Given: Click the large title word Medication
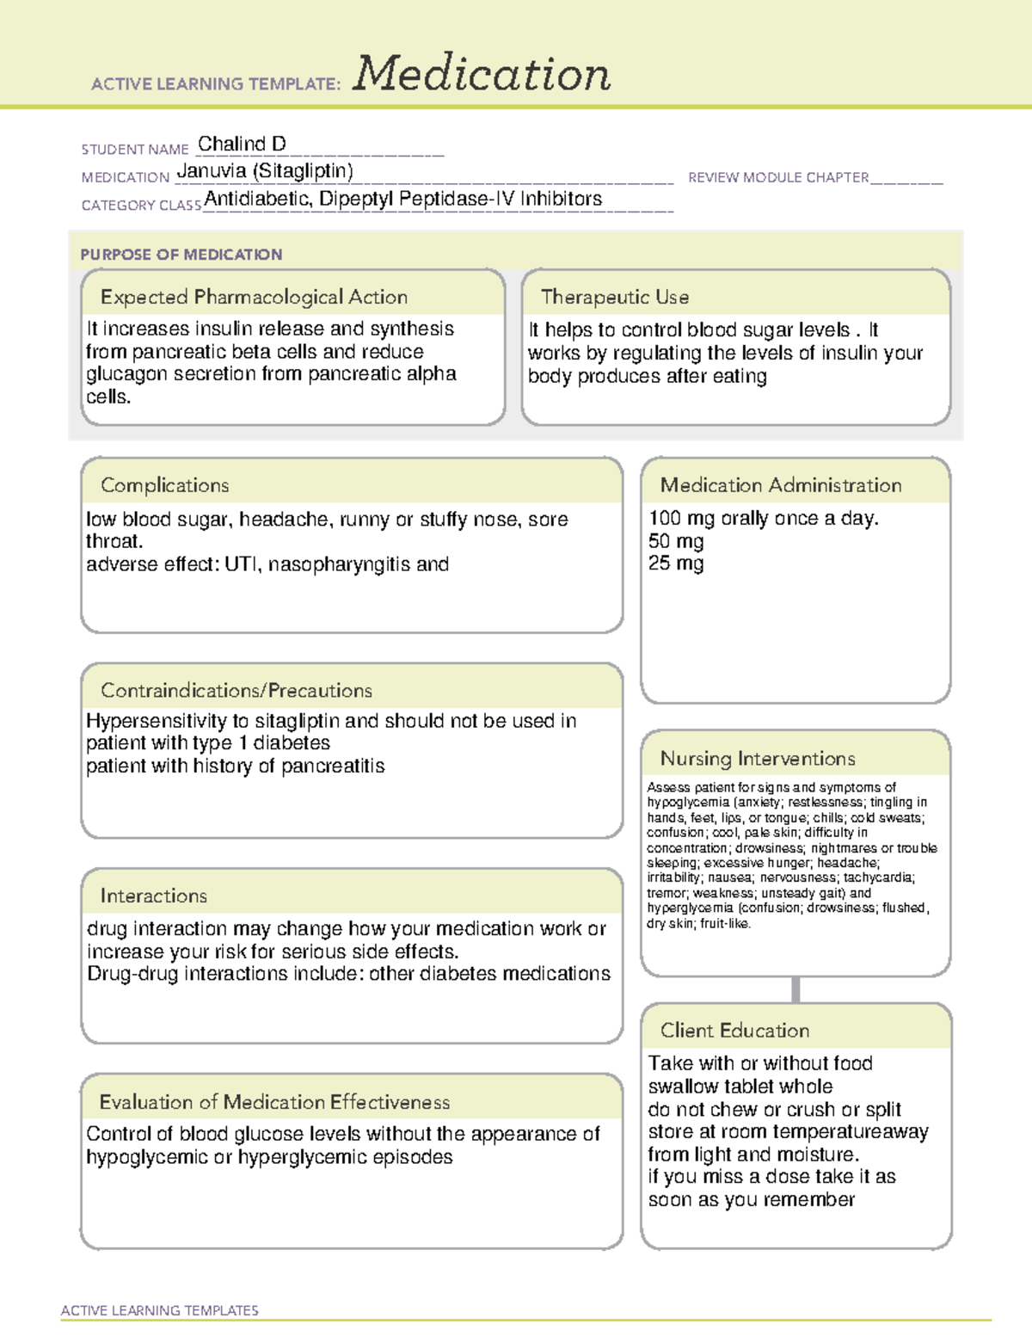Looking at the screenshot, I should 482,74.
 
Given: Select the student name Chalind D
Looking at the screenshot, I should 242,144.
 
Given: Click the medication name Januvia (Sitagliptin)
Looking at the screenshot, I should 265,171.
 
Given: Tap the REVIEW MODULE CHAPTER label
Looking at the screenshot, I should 778,177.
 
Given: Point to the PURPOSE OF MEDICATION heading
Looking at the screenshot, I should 181,255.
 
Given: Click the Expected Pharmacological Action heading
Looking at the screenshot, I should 254,297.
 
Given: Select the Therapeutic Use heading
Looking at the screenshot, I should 614,297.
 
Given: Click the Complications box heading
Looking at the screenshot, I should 164,485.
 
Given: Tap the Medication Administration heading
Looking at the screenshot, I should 780,485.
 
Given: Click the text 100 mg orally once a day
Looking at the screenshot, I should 763,518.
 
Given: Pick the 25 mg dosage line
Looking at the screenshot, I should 676,563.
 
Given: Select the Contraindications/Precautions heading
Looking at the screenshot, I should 236,690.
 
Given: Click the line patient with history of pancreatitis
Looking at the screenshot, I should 235,766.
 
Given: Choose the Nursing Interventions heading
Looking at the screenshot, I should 757,758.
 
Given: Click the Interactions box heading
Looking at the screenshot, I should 153,896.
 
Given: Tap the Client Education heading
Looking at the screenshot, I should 734,1030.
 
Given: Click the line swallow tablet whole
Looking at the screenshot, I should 740,1087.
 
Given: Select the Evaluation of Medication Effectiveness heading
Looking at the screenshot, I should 274,1102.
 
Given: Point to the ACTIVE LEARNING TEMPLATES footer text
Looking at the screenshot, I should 159,1310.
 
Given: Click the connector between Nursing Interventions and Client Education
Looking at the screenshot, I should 795,989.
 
